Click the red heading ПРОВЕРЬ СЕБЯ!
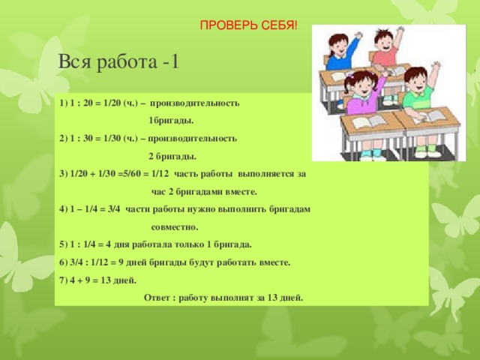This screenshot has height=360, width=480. (x=247, y=27)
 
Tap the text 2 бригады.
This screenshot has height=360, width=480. (x=172, y=157)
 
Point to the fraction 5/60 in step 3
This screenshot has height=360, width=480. (x=134, y=174)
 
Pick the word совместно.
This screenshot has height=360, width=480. (x=175, y=226)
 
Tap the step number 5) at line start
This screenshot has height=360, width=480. (x=62, y=244)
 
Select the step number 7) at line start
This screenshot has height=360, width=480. (x=62, y=280)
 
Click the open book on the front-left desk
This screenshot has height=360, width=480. (x=367, y=122)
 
